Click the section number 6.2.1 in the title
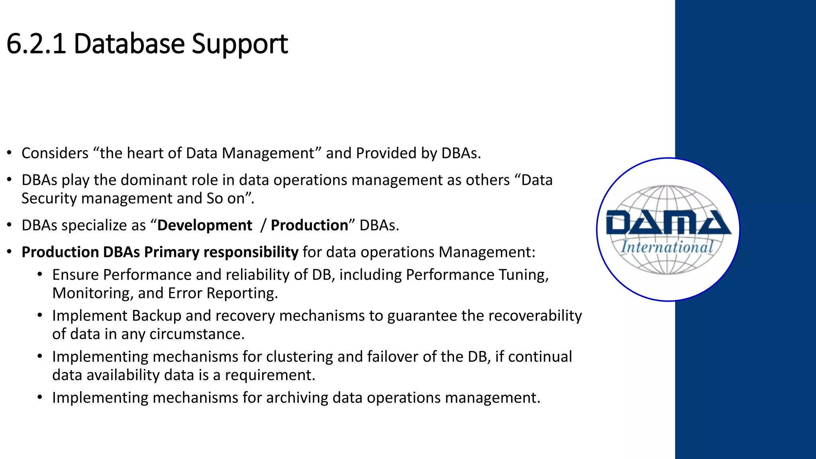click(x=36, y=43)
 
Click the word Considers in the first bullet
click(x=55, y=153)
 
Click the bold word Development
click(x=204, y=226)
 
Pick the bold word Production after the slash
click(x=309, y=226)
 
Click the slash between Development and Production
click(x=263, y=226)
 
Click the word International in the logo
click(x=667, y=247)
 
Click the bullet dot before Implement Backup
click(x=40, y=316)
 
